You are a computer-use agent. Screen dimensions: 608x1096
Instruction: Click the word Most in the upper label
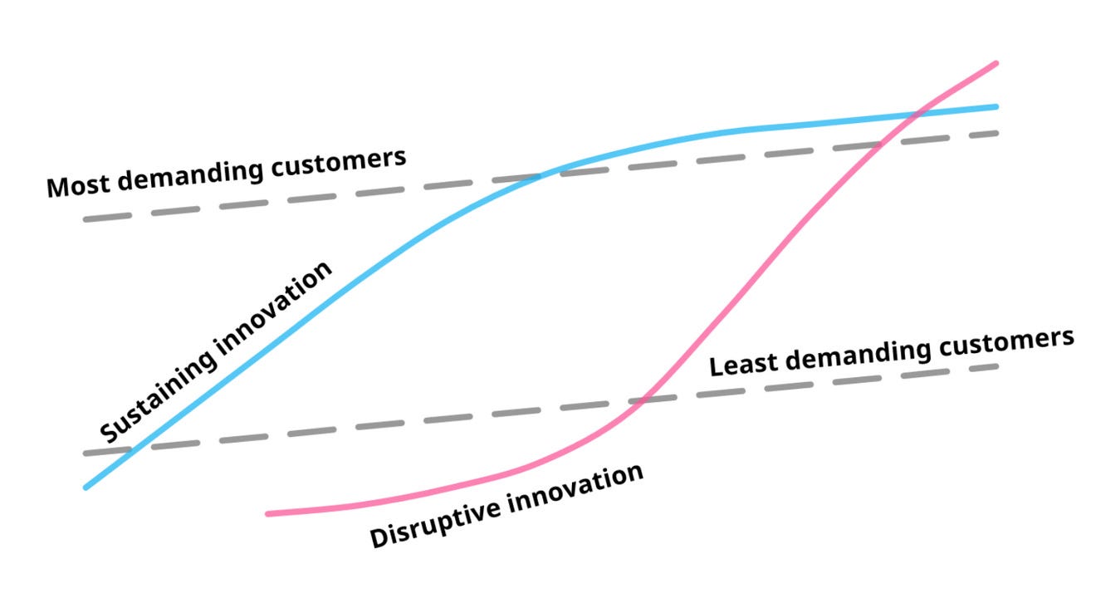click(x=73, y=185)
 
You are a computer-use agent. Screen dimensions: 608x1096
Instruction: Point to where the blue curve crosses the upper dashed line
click(x=541, y=175)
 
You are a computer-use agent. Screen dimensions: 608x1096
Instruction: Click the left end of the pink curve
click(x=268, y=513)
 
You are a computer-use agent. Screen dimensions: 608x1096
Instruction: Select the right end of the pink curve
click(x=995, y=63)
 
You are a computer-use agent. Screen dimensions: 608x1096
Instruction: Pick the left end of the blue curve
click(x=86, y=487)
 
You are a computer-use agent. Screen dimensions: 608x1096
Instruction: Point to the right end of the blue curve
click(x=995, y=106)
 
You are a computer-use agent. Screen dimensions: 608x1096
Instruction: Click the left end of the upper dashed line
click(x=86, y=218)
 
